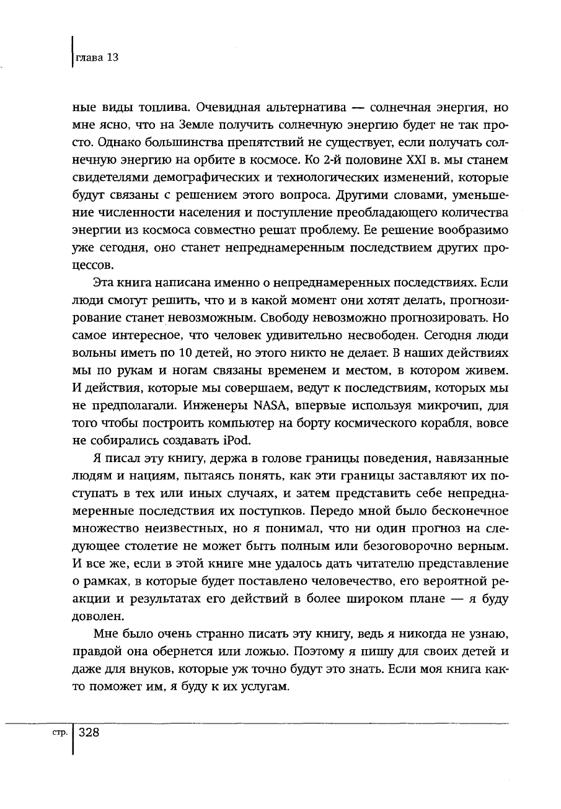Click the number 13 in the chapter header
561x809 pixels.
(112, 58)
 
